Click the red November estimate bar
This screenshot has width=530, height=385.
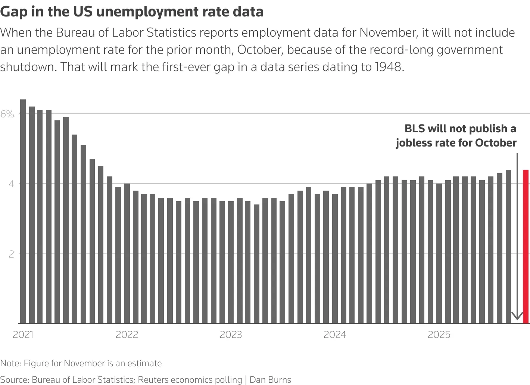(x=526, y=247)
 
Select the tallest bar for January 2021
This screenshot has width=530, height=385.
(x=23, y=212)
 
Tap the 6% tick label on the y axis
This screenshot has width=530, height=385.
(x=7, y=114)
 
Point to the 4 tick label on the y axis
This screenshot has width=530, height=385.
(x=11, y=184)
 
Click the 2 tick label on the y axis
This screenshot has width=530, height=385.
(x=11, y=254)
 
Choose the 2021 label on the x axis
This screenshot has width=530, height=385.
(x=23, y=335)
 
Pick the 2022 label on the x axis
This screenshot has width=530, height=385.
(x=127, y=335)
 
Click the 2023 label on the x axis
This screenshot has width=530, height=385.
(x=231, y=335)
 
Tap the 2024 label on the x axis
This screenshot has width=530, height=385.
(x=335, y=335)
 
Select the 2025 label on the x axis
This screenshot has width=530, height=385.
(x=439, y=335)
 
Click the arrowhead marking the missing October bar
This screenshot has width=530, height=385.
(x=517, y=316)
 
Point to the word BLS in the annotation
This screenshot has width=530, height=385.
(x=415, y=129)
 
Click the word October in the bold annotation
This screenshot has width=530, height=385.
(x=496, y=143)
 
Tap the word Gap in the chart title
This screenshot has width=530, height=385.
(x=13, y=12)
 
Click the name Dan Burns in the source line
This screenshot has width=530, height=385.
(x=270, y=380)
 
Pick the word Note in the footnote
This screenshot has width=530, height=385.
(x=10, y=363)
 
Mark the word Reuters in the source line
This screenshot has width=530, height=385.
(x=153, y=380)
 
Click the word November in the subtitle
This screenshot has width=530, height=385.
(x=388, y=33)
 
